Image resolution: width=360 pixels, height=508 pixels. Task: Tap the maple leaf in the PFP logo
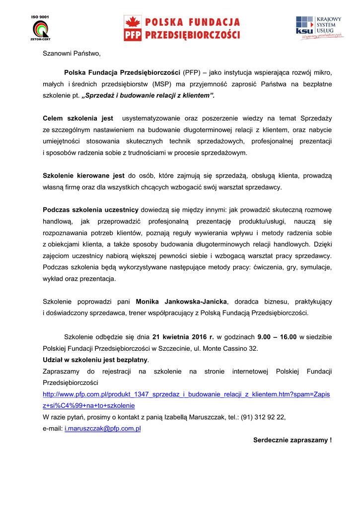[x=133, y=22]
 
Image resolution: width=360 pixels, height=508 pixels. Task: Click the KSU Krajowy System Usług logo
[x=318, y=28]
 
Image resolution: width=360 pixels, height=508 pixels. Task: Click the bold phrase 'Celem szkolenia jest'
[x=78, y=119]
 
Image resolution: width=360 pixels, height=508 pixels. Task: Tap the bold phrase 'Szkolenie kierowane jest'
[x=83, y=176]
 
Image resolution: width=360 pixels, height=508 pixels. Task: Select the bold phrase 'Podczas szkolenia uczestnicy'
[x=90, y=209]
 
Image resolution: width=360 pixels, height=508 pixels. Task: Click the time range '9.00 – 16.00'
[x=277, y=337]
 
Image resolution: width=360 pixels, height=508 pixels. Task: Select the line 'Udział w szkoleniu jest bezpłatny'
[x=95, y=360]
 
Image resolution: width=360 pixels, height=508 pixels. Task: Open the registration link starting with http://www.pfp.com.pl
[x=186, y=394]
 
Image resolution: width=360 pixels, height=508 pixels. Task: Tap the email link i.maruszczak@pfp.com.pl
[x=103, y=428]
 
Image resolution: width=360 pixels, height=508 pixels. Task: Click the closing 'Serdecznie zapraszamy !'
[x=292, y=440]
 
